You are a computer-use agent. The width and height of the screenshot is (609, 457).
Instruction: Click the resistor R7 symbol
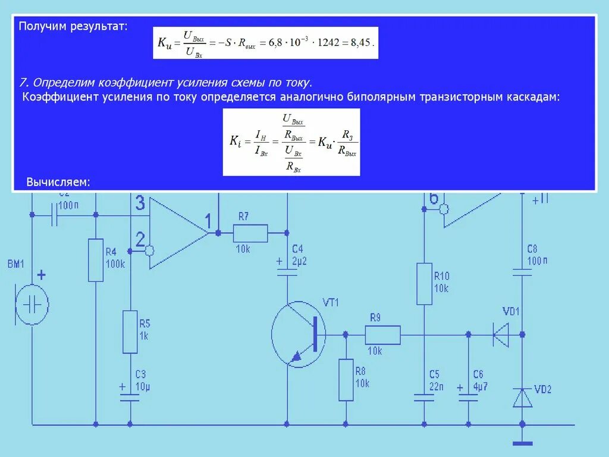click(x=250, y=233)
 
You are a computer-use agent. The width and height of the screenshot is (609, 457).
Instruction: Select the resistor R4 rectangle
click(x=96, y=260)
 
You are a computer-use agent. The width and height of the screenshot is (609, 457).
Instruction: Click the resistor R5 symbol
click(x=130, y=331)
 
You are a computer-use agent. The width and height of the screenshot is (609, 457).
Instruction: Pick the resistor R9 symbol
click(x=382, y=334)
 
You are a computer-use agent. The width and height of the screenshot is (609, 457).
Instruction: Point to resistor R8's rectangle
click(x=346, y=380)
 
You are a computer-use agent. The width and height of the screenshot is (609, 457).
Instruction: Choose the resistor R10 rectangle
click(x=424, y=284)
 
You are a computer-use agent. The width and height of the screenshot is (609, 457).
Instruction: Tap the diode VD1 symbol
click(x=501, y=334)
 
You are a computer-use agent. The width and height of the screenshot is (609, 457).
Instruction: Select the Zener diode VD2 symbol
click(x=522, y=397)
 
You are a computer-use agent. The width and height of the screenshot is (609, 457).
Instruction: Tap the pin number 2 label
click(x=140, y=239)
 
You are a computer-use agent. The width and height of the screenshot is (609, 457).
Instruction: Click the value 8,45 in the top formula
click(x=363, y=42)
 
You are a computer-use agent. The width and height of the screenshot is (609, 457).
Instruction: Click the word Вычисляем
click(x=58, y=181)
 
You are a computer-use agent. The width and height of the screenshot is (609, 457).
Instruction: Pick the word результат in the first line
click(x=99, y=27)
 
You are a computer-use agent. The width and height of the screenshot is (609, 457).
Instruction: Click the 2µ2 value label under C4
click(x=299, y=262)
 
